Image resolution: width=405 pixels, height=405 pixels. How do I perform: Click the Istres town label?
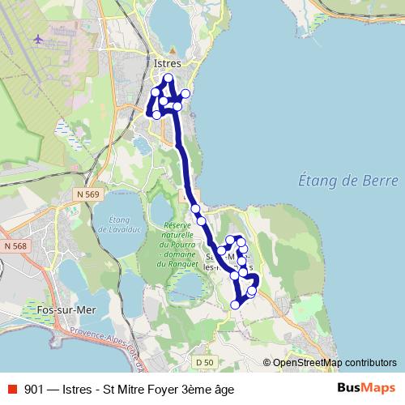pos(167,62)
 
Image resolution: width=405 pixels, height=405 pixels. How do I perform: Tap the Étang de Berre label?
pos(348,180)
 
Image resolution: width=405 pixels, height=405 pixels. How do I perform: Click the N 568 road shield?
pos(15,245)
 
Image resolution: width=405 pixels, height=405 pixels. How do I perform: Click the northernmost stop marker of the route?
pos(168,79)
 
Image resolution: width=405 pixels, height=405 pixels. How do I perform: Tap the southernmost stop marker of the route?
pos(236,305)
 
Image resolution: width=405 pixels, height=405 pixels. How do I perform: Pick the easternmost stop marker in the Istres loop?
pos(185,94)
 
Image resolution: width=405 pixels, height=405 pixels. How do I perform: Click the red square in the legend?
pos(11,389)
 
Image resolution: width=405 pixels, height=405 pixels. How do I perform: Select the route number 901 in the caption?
pos(35,389)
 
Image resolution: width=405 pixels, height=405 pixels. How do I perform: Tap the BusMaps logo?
pos(366,388)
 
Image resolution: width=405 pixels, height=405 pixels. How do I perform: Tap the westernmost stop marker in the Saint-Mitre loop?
pos(221,251)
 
